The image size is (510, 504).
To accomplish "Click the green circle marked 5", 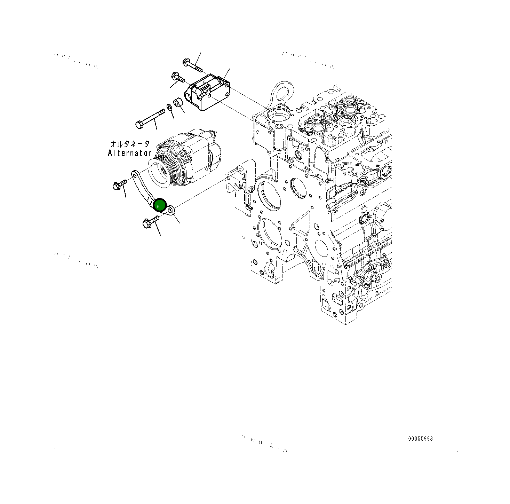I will point(160,205).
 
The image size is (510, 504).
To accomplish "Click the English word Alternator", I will point(129,153).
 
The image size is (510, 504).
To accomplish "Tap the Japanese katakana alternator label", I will point(130,144).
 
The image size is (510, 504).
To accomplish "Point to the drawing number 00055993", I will point(420,439).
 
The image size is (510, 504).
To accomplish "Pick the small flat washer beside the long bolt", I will point(170,107).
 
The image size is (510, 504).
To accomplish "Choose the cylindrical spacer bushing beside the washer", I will point(178,103).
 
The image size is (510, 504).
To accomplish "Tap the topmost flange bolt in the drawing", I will point(192,65).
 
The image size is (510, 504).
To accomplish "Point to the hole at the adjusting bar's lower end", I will point(169,210).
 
